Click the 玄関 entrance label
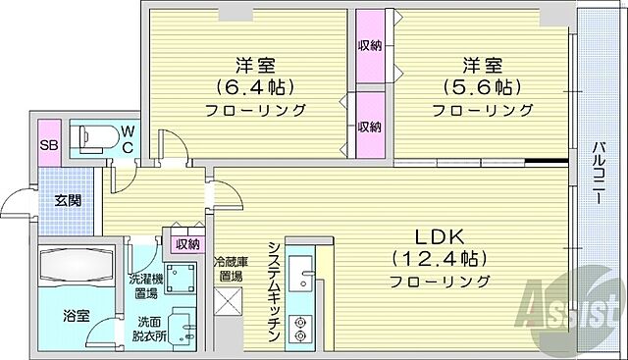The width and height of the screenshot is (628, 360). point(68,201)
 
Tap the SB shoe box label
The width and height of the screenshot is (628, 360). point(47,146)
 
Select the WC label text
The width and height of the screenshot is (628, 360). point(127,138)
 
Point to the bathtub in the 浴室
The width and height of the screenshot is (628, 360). point(76,268)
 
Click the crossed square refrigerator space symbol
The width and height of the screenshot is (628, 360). point(230,305)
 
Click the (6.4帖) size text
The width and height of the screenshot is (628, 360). point(252,87)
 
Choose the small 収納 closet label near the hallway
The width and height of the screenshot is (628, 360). point(187,244)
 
